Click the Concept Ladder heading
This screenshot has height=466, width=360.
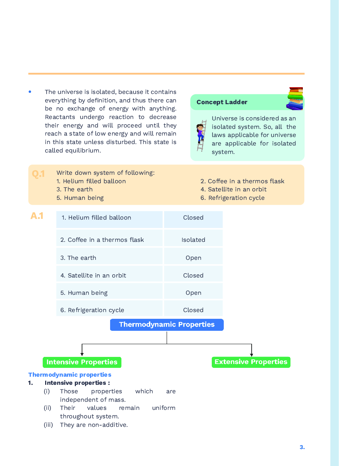[222, 102]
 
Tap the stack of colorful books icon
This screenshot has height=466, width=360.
[295, 98]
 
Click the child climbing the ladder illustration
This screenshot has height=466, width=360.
[201, 136]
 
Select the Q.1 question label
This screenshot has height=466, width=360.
[38, 174]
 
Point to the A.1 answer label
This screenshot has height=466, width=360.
[37, 216]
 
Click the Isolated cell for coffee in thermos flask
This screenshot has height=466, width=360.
[193, 240]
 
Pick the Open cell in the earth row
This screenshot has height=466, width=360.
[193, 258]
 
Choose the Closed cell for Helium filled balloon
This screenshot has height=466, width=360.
[193, 218]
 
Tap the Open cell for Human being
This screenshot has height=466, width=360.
[193, 293]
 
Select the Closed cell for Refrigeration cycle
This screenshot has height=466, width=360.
[193, 310]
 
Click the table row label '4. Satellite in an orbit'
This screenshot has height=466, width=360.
[93, 275]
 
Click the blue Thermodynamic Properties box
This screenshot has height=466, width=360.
[167, 324]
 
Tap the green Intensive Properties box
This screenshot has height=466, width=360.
[82, 362]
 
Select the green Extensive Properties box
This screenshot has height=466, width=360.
[251, 362]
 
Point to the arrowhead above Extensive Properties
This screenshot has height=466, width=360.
[252, 354]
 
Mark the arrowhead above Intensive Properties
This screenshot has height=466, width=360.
[82, 354]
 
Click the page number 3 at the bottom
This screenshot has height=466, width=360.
[302, 447]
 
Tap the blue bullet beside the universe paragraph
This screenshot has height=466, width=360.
[30, 92]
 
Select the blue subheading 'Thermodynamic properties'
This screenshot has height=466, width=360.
[70, 375]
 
